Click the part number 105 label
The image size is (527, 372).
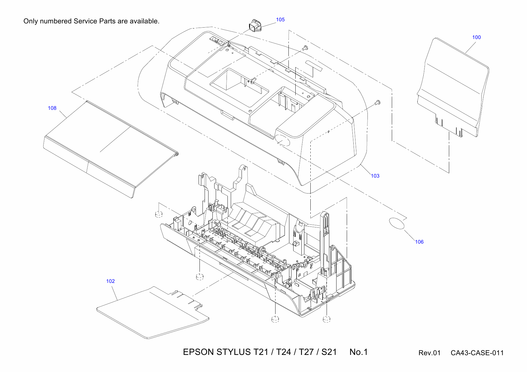point(280,19)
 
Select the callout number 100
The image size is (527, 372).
point(476,37)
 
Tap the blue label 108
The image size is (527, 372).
point(52,108)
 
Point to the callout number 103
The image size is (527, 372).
point(375,176)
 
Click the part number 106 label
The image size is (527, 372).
point(419,242)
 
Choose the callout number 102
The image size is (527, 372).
point(110,281)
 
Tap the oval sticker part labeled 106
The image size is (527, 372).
point(397,224)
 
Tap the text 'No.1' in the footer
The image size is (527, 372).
point(358,352)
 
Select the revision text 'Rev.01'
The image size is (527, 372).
point(429,353)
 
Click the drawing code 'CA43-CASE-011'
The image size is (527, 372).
point(477,353)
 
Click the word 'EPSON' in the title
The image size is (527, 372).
point(198,352)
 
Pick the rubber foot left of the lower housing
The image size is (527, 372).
point(159,214)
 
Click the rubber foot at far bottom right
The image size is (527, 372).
point(327,319)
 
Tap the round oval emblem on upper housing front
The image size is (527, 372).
point(282,140)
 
